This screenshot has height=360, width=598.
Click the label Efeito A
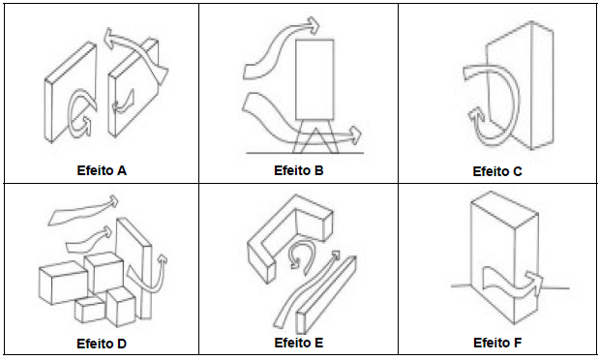[x=102, y=170]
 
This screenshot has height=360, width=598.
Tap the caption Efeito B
[x=299, y=170]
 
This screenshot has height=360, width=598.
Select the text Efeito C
[x=497, y=171]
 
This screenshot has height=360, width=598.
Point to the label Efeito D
[x=102, y=344]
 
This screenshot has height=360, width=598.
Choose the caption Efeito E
[x=299, y=343]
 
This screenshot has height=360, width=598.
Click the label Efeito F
[x=497, y=343]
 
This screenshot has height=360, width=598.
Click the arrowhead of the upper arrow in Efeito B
[x=314, y=26]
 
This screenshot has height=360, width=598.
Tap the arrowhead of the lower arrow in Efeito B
[x=355, y=135]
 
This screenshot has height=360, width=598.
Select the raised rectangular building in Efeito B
[x=314, y=79]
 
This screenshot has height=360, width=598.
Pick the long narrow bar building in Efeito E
[x=326, y=294]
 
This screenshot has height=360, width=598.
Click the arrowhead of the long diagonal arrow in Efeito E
[x=335, y=255]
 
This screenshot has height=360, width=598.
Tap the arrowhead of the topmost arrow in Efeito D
[x=113, y=200]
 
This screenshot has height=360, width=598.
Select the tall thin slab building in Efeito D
[x=135, y=268]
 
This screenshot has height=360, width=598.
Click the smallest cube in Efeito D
[x=90, y=309]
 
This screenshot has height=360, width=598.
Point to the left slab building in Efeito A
[x=71, y=92]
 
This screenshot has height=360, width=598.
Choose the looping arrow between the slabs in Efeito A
[x=80, y=113]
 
